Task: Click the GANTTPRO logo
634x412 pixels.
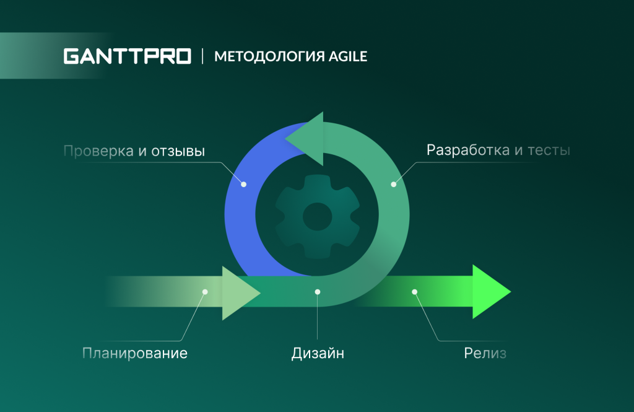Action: tap(127, 56)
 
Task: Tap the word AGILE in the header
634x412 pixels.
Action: tap(347, 57)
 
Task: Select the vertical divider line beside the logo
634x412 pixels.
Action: tap(202, 56)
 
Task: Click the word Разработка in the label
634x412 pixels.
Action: tap(467, 150)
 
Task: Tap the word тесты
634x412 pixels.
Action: tap(548, 150)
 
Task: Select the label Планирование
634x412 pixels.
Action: tap(135, 354)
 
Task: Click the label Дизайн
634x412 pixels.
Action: tap(318, 354)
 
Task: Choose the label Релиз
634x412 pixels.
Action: tap(485, 354)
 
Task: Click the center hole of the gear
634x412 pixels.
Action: tap(317, 216)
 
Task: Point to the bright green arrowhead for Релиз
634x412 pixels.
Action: tap(489, 292)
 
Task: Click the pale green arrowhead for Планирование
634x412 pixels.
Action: tap(238, 292)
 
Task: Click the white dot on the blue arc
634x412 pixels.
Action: tap(243, 184)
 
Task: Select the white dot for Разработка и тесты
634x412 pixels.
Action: tap(393, 184)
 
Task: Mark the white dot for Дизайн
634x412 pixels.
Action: tap(318, 292)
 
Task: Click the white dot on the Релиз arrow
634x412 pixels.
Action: tap(415, 292)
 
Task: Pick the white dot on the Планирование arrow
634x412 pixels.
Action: tap(205, 292)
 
